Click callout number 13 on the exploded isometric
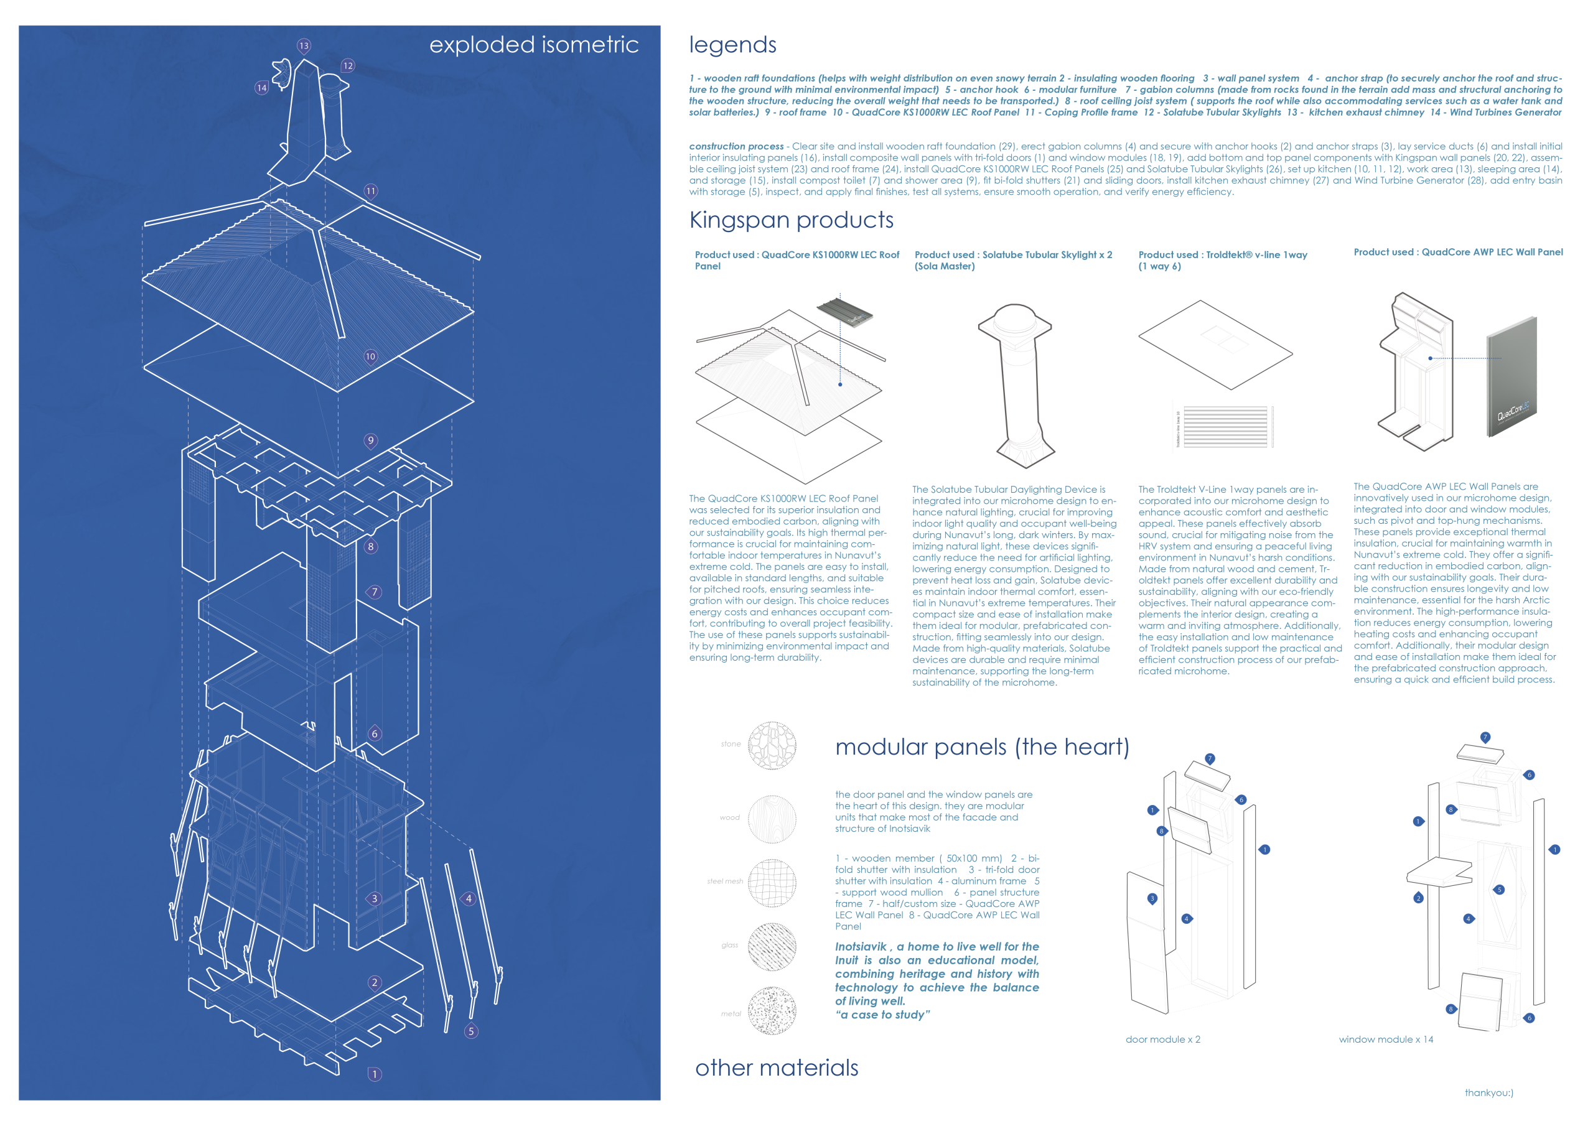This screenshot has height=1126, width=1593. coord(304,46)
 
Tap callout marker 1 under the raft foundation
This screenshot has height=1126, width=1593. coord(375,1074)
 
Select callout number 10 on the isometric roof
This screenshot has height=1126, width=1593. coord(370,356)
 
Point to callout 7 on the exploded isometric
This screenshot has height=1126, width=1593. coord(375,592)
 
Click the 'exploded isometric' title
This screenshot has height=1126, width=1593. coord(533,44)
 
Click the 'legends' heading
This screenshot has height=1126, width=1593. coord(732,45)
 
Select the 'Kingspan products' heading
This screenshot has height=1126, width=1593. coord(791,220)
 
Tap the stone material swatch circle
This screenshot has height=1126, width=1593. coord(772,745)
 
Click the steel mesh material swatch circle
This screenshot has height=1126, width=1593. coord(772,883)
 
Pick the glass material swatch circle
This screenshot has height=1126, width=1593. coord(772,946)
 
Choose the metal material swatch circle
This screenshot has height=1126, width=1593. coord(772,1010)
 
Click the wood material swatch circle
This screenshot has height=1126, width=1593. coord(772,819)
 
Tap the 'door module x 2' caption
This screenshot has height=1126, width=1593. coord(1162,1040)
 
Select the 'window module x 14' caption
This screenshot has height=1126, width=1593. coord(1386,1040)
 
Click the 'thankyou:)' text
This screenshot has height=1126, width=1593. coord(1489,1092)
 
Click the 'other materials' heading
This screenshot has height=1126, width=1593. coord(777,1068)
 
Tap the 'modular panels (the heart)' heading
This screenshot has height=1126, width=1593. coord(982,747)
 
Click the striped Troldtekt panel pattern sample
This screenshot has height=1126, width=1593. coord(1225,426)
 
